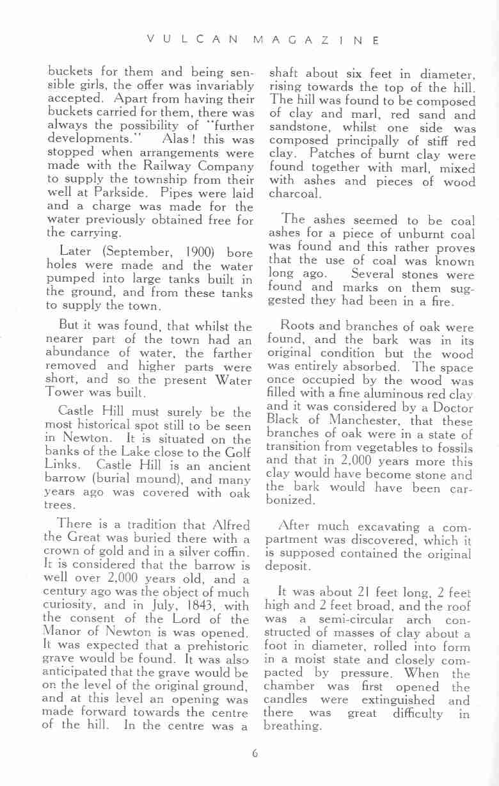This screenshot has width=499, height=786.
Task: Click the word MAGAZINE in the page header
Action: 317,40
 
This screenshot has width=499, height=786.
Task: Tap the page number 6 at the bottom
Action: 254,753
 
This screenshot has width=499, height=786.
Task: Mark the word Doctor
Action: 452,408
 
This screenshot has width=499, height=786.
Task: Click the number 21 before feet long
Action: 345,593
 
